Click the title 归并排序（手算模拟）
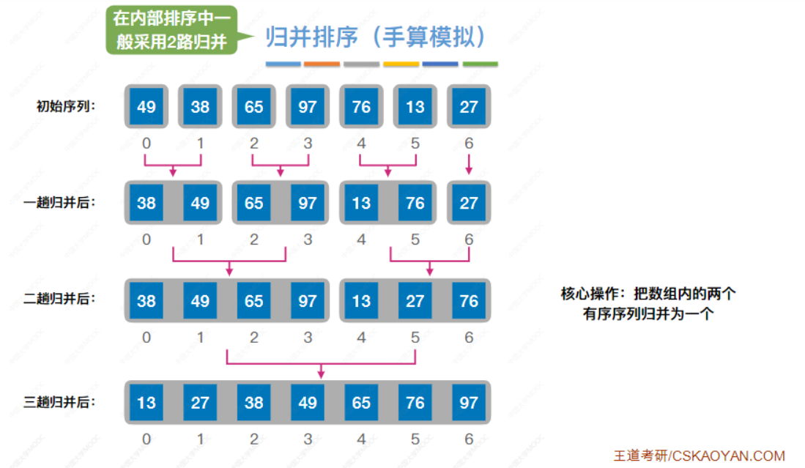click(x=376, y=37)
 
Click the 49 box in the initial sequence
click(x=146, y=107)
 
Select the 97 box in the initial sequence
click(x=308, y=107)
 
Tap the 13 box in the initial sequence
click(x=415, y=107)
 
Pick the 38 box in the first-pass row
click(x=146, y=203)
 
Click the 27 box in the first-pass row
click(x=469, y=203)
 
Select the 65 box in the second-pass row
click(x=254, y=300)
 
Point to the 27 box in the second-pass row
click(x=415, y=300)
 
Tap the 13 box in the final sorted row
click(x=146, y=403)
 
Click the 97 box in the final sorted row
click(x=469, y=403)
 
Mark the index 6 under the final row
click(x=469, y=439)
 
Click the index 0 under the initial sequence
click(x=146, y=144)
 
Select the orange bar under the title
click(x=322, y=64)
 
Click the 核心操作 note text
click(x=648, y=304)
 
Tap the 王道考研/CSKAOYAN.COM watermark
click(x=699, y=455)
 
